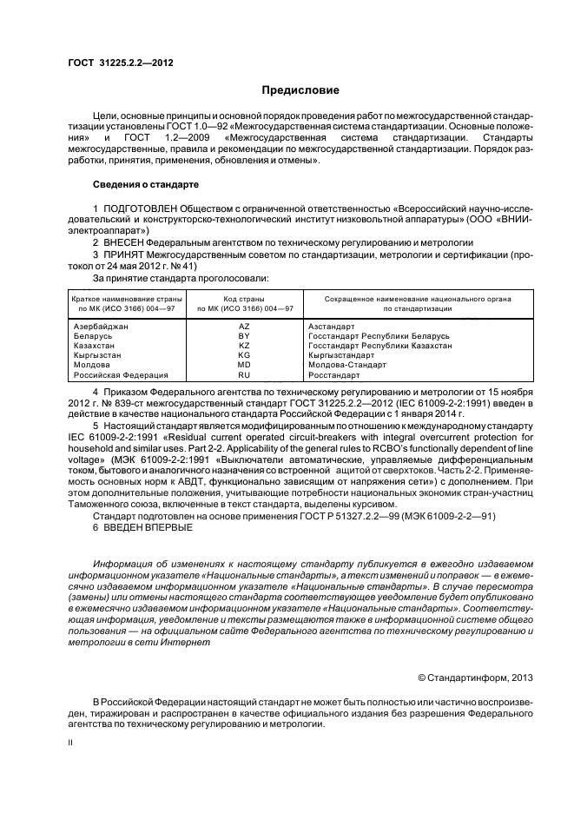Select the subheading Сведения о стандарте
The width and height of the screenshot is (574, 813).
coord(146,185)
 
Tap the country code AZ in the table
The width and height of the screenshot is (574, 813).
coord(244,327)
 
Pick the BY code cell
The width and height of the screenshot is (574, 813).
coord(244,336)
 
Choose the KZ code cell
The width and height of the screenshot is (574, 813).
coord(244,346)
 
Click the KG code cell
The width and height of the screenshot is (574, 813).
coord(244,356)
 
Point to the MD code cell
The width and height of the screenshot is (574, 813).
coord(244,366)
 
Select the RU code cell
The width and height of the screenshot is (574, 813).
coord(244,375)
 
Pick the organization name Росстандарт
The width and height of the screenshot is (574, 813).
coord(333,375)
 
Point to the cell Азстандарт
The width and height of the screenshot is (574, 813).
coord(332,327)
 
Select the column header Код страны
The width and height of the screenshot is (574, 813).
coord(246,299)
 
